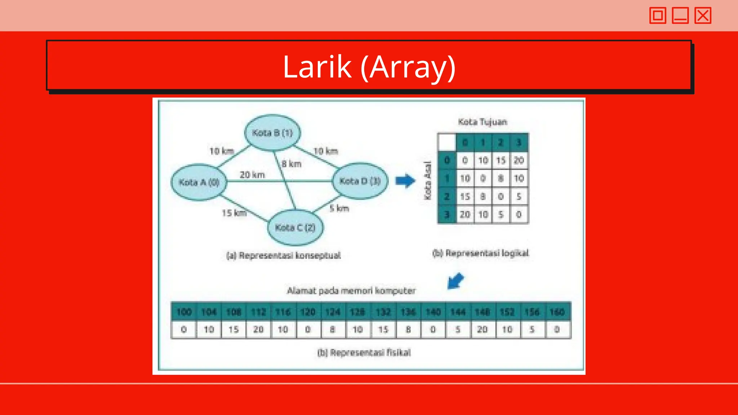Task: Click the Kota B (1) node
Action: tap(272, 133)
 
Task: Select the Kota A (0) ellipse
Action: tap(199, 182)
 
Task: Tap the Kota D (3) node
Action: tap(360, 181)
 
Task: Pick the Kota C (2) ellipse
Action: tap(295, 228)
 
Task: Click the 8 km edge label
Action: tap(292, 164)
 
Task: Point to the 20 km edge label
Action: tap(252, 175)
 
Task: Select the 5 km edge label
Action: tap(339, 208)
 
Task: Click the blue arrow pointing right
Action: tap(405, 181)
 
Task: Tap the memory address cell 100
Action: tap(184, 312)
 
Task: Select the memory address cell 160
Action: tap(557, 312)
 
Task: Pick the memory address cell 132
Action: tap(383, 312)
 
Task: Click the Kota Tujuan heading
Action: tap(483, 122)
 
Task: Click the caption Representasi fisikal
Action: tap(364, 352)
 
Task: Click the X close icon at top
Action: tap(703, 15)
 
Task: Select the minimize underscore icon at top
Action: tap(680, 15)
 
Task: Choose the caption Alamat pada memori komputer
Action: tap(351, 291)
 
